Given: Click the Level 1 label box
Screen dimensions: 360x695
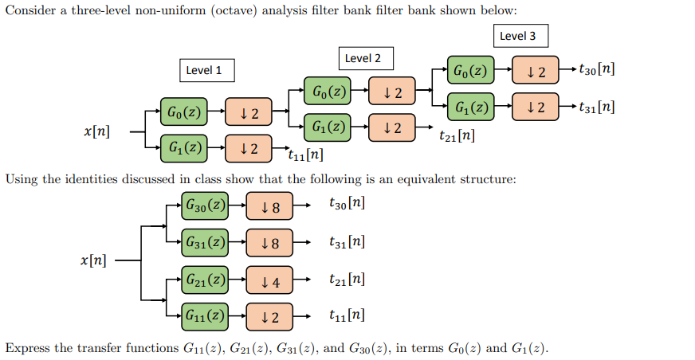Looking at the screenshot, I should (205, 70).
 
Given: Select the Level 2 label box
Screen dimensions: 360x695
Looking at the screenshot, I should (363, 58).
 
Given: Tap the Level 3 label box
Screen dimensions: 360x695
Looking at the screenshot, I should (518, 36).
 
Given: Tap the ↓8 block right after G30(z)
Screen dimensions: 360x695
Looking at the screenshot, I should (269, 207).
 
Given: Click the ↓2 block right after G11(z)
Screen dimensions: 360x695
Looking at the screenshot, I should (269, 317).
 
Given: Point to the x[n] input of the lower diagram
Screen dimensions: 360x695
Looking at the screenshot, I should (96, 260).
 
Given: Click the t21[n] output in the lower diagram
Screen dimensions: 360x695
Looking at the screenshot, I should (347, 280).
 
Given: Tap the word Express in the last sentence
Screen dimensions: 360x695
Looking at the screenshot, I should (28, 348).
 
